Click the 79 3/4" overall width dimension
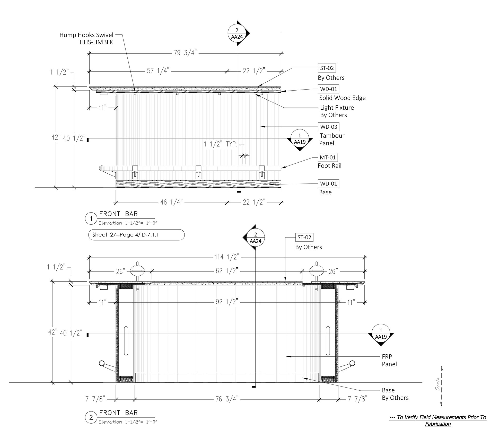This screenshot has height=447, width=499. pyautogui.click(x=185, y=53)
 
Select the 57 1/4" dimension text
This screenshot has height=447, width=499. pyautogui.click(x=158, y=71)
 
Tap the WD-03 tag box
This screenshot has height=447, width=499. pyautogui.click(x=329, y=127)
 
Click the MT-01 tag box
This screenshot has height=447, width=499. pyautogui.click(x=328, y=157)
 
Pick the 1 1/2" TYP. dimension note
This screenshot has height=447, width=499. pyautogui.click(x=220, y=144)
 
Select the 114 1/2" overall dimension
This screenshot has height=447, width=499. pyautogui.click(x=227, y=257)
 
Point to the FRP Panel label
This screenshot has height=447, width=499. pyautogui.click(x=389, y=360)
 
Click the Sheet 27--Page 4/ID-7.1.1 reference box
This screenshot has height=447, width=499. pyautogui.click(x=136, y=235)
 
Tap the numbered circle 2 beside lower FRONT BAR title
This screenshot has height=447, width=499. pyautogui.click(x=91, y=418)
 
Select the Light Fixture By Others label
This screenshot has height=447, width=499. pyautogui.click(x=337, y=111)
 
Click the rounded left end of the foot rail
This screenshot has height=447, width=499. pyautogui.click(x=101, y=168)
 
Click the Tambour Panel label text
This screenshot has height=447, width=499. pyautogui.click(x=332, y=139)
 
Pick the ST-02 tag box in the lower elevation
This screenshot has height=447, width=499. pyautogui.click(x=304, y=237)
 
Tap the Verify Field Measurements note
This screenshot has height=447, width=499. pyautogui.click(x=437, y=420)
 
